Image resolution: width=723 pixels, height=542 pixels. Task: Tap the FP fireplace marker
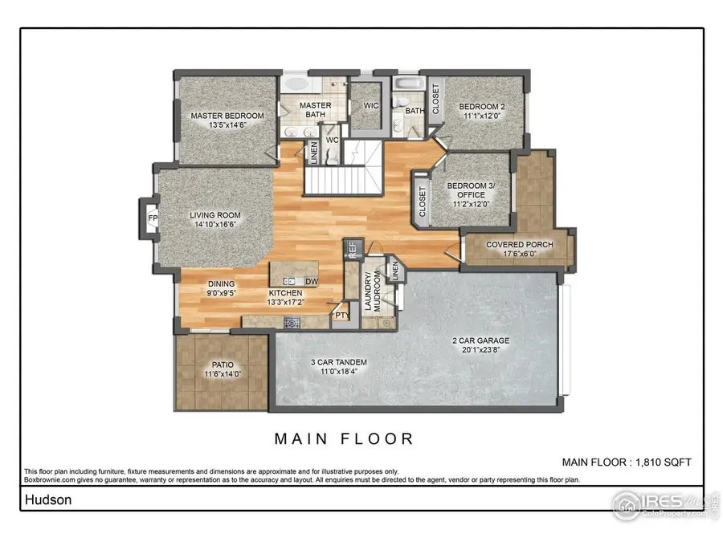[x=152, y=218]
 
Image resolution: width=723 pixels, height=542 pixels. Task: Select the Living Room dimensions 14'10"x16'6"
[x=215, y=226]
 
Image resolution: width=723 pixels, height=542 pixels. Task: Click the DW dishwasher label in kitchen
[x=311, y=281]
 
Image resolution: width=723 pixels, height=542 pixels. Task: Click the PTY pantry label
[x=341, y=316]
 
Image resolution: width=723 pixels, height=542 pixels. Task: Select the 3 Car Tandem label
[x=338, y=363]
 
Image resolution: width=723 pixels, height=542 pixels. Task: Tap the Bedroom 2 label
[x=481, y=107]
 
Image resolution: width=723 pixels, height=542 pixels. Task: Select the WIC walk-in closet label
[x=370, y=105]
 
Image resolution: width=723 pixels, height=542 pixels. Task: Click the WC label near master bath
[x=331, y=140]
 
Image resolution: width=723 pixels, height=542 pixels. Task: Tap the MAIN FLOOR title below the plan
[x=344, y=439]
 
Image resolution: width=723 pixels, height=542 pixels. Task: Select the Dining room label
[x=222, y=283]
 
